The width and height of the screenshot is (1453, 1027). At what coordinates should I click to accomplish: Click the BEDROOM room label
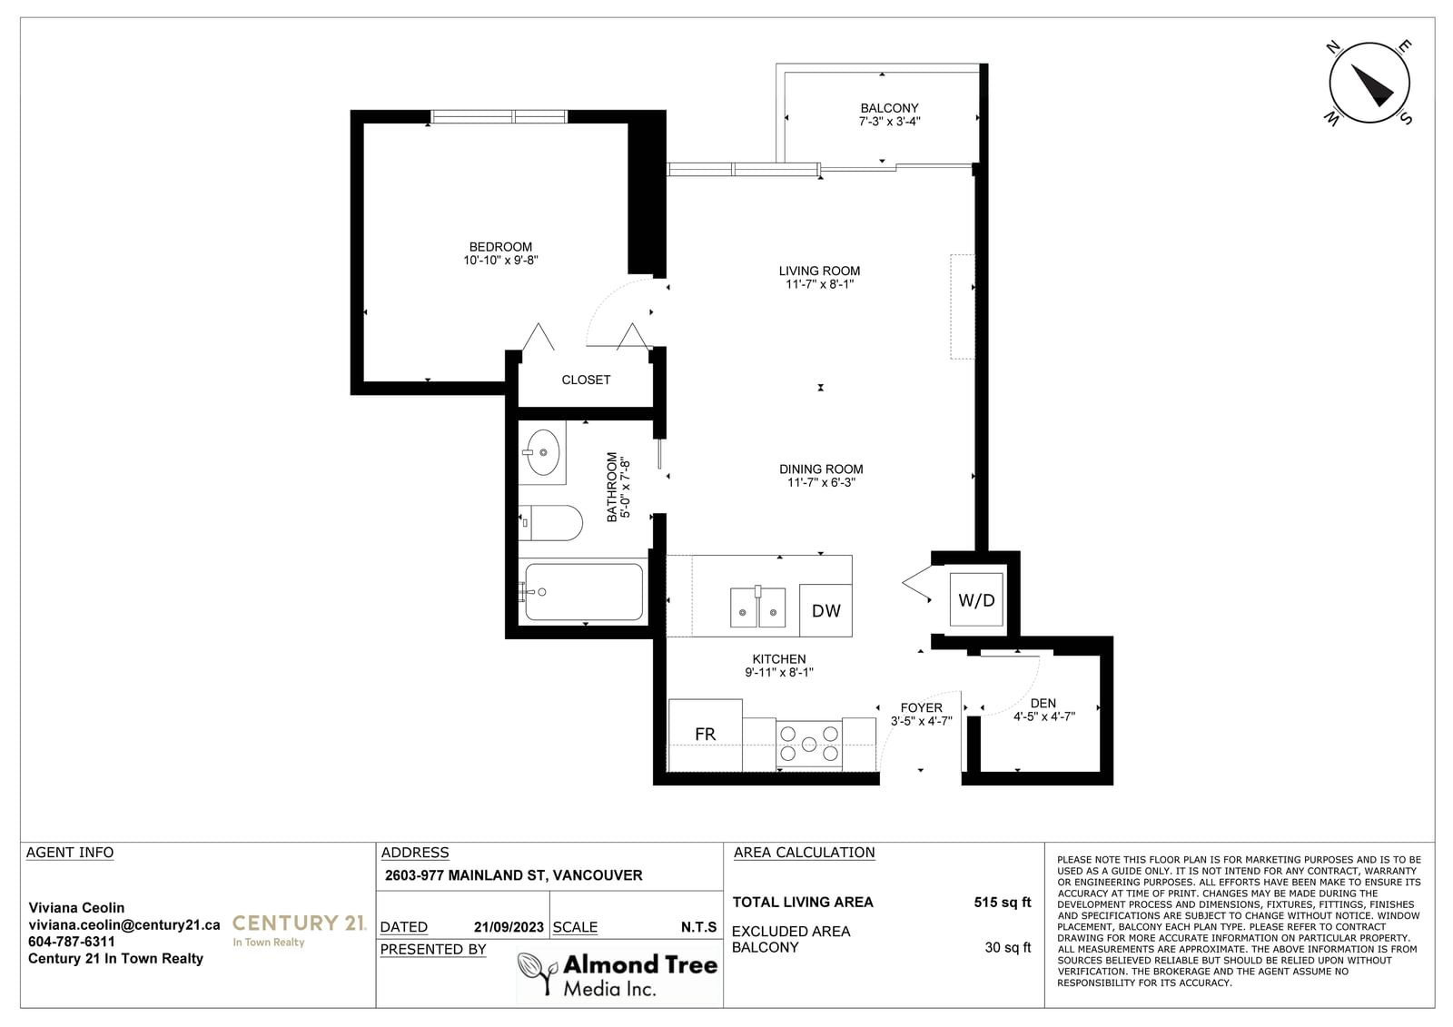click(x=500, y=247)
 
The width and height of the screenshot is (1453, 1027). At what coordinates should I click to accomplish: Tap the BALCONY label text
click(x=889, y=108)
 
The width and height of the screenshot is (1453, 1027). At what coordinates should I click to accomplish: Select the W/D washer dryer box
click(x=976, y=599)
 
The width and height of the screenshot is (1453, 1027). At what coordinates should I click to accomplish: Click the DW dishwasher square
click(x=825, y=610)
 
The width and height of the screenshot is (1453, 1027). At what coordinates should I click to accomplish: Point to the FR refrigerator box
click(x=705, y=735)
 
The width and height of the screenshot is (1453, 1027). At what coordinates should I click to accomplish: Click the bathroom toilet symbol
click(x=550, y=523)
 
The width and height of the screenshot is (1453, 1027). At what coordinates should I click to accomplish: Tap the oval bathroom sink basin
click(x=542, y=452)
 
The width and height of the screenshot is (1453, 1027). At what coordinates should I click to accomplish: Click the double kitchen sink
click(x=757, y=607)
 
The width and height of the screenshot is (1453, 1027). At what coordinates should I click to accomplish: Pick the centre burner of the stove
click(x=809, y=744)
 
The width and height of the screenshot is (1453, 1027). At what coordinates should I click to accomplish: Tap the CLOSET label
click(x=586, y=380)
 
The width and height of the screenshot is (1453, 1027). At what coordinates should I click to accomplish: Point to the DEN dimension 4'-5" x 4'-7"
click(x=1044, y=716)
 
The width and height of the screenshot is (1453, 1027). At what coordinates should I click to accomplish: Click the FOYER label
click(x=921, y=707)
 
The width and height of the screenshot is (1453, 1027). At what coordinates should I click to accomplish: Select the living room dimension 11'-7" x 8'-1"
click(x=820, y=284)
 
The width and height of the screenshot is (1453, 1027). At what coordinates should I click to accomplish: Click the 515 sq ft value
click(x=1003, y=903)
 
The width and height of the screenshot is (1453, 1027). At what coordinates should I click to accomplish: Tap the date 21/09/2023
click(x=509, y=927)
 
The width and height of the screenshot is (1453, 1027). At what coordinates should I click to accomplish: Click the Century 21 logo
click(x=299, y=929)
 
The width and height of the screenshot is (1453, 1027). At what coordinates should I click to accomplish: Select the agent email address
click(x=124, y=925)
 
